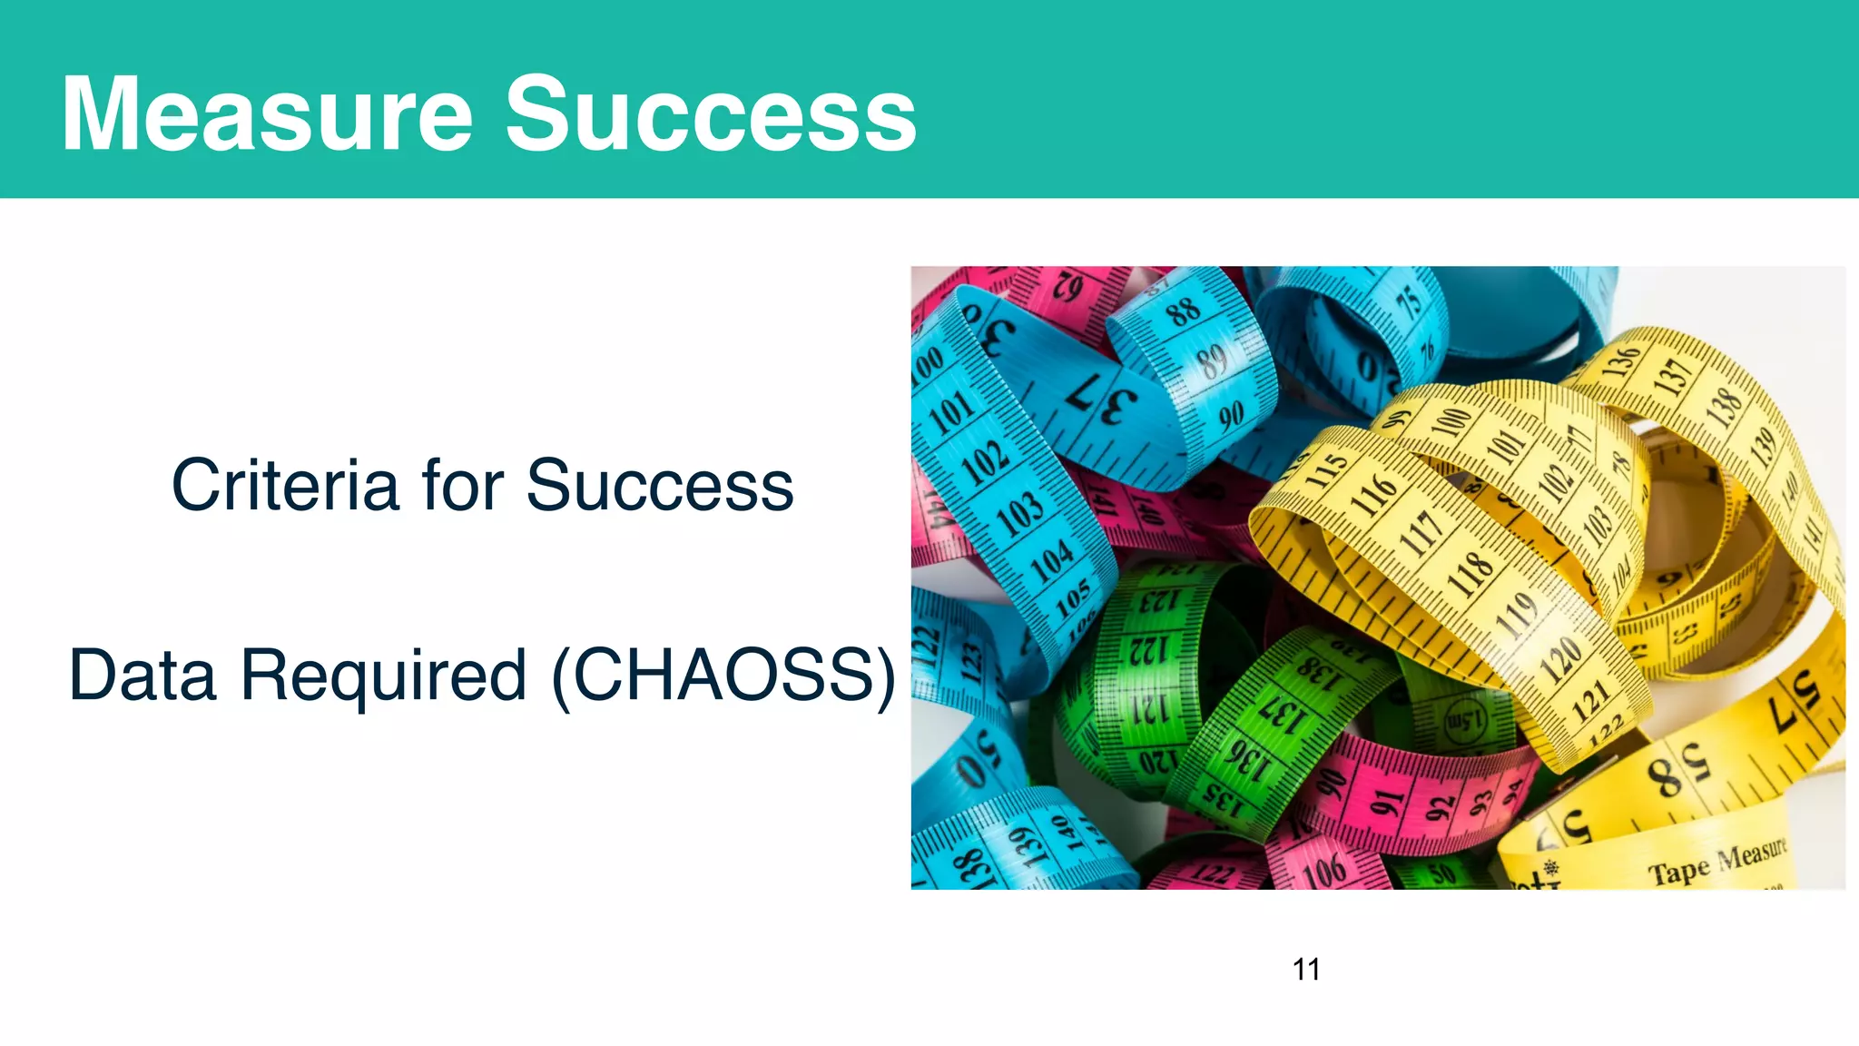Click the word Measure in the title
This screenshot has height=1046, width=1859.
pyautogui.click(x=267, y=114)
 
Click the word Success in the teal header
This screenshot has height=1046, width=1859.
pyautogui.click(x=710, y=114)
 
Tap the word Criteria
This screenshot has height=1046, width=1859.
pyautogui.click(x=285, y=486)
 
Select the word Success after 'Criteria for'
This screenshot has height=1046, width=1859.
pyautogui.click(x=660, y=486)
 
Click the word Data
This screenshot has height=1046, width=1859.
pyautogui.click(x=143, y=676)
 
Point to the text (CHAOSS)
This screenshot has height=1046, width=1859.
pyautogui.click(x=723, y=676)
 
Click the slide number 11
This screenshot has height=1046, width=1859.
pyautogui.click(x=1305, y=969)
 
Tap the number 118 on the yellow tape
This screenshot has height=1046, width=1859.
pyautogui.click(x=1469, y=572)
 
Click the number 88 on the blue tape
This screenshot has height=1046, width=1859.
pyautogui.click(x=1183, y=311)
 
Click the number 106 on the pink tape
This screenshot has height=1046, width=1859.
pyautogui.click(x=1323, y=872)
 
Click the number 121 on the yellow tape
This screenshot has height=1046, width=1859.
pyautogui.click(x=1590, y=699)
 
